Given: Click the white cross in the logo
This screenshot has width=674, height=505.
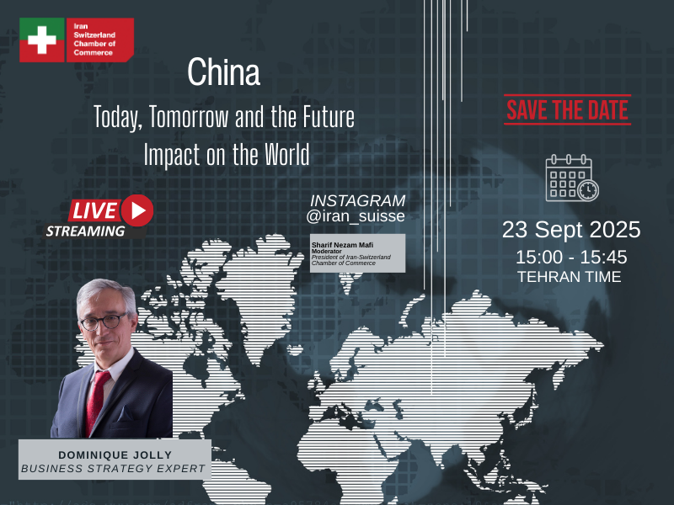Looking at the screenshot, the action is [x=41, y=40].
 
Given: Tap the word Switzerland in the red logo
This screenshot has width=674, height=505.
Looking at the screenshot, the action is [x=94, y=35].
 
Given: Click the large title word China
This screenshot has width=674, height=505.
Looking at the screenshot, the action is [x=223, y=72].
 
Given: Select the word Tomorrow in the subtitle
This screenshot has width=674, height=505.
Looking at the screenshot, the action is [x=189, y=116].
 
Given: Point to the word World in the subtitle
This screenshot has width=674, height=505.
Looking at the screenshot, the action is [x=286, y=154].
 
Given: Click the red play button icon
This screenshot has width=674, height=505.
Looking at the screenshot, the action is [x=137, y=210].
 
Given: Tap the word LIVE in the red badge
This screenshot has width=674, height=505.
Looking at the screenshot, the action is [x=94, y=210].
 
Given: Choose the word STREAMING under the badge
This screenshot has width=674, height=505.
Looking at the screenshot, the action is [x=86, y=231].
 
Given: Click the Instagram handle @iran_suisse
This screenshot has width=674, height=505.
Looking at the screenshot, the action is [x=356, y=215].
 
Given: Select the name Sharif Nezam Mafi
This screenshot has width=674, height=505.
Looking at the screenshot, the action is [x=342, y=245].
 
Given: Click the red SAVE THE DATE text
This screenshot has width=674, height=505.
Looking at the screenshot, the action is [x=567, y=110].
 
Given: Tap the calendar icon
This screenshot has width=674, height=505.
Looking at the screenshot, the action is [x=572, y=178].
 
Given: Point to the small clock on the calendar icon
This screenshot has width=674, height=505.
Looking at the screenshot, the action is [x=588, y=190].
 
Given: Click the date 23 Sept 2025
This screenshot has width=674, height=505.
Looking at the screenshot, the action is [x=571, y=230].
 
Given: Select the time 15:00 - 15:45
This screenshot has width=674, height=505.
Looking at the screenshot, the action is [x=571, y=258].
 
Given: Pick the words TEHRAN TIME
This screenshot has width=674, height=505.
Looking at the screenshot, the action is [x=570, y=277].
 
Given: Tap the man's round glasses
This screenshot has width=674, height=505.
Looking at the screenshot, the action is [x=103, y=322].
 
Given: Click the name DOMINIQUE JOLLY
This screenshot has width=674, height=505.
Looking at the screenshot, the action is [x=115, y=454].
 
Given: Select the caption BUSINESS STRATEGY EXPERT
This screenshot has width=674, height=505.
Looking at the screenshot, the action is [x=114, y=469].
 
